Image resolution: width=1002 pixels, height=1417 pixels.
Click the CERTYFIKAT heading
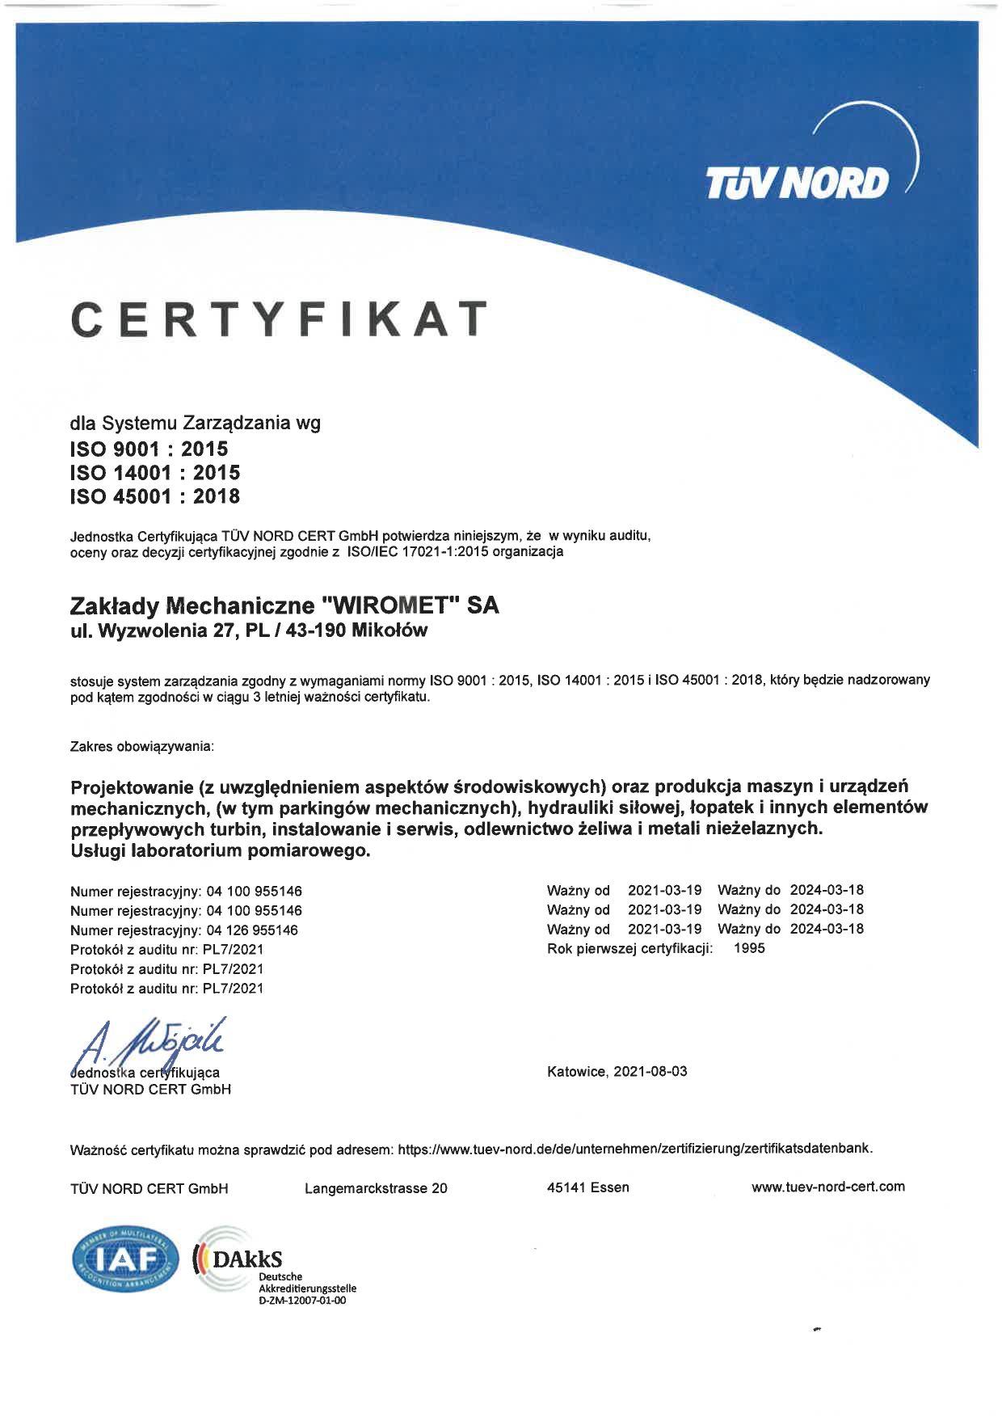[x=280, y=318]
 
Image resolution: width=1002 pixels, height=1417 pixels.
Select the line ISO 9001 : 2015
[x=149, y=449]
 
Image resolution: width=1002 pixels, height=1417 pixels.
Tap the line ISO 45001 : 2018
[x=155, y=496]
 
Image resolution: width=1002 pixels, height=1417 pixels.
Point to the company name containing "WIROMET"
[x=284, y=605]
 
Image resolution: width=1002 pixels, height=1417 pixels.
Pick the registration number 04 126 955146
[x=252, y=930]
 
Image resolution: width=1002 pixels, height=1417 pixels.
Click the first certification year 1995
[x=749, y=948]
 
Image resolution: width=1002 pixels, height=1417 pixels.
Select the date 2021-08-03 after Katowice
[x=650, y=1072]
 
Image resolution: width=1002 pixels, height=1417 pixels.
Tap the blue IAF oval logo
[x=126, y=1260]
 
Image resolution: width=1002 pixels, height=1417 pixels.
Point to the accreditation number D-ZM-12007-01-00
[x=302, y=1301]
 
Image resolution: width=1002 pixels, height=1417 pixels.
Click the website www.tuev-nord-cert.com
[x=827, y=1187]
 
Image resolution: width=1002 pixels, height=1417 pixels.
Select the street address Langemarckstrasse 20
[x=376, y=1188]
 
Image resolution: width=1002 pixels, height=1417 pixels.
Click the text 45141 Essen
[x=587, y=1188]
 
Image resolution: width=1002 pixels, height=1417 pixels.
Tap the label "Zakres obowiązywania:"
[x=142, y=746]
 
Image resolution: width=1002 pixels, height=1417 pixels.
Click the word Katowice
[x=576, y=1072]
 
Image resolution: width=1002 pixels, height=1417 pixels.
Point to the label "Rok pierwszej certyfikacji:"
[x=629, y=948]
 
